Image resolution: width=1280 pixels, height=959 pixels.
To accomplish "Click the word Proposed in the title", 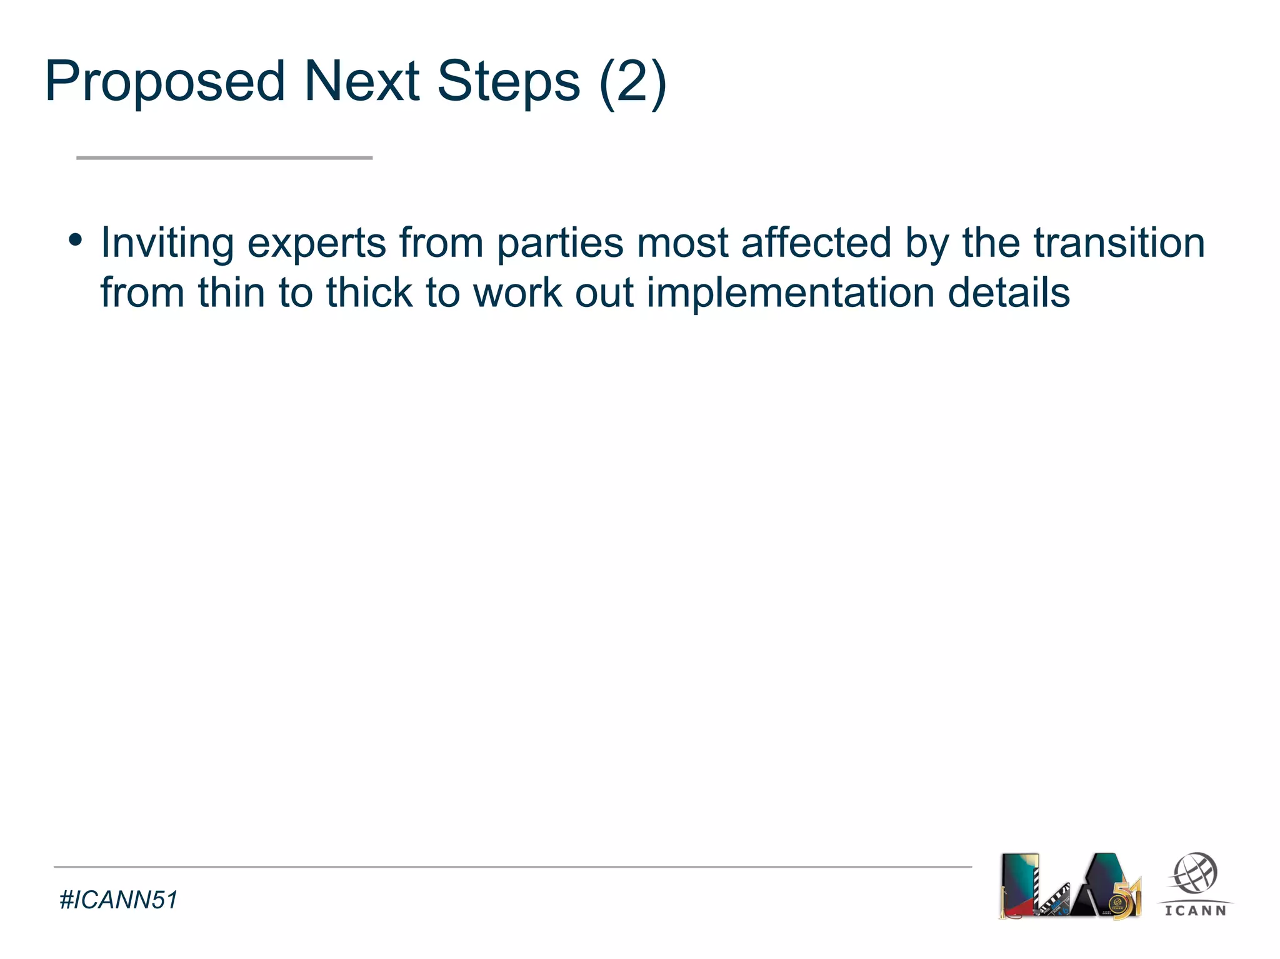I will coord(165,83).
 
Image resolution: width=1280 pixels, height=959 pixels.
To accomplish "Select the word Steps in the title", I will coord(508,83).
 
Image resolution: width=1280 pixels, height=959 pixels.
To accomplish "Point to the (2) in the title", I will coord(632,83).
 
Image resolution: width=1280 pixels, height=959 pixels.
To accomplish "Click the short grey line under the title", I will coord(224,158).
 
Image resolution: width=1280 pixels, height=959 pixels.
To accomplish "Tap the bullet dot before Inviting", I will coord(76,240).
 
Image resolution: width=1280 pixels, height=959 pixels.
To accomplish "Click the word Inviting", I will coord(167,244).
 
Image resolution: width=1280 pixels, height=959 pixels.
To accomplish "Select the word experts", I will coord(316,244).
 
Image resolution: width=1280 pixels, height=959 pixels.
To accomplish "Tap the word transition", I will coord(1118,243).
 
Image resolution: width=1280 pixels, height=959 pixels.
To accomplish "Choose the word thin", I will coord(231,293).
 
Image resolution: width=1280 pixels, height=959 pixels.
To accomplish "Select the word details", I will coord(1008,293).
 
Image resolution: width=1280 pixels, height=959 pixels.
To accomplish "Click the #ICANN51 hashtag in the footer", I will coord(118,900).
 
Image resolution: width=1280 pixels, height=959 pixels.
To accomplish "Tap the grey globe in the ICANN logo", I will coord(1194,873).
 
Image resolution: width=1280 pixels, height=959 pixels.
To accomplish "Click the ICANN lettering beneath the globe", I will coord(1195,911).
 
